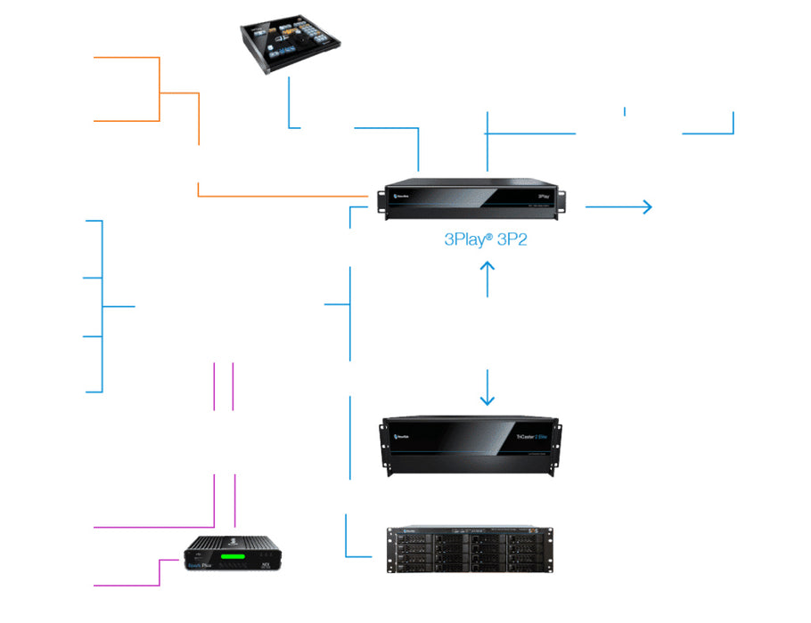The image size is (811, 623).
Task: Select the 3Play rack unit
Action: [x=473, y=197]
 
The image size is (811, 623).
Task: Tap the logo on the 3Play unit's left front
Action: [x=397, y=190]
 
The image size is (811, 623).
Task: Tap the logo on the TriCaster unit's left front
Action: [x=400, y=436]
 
